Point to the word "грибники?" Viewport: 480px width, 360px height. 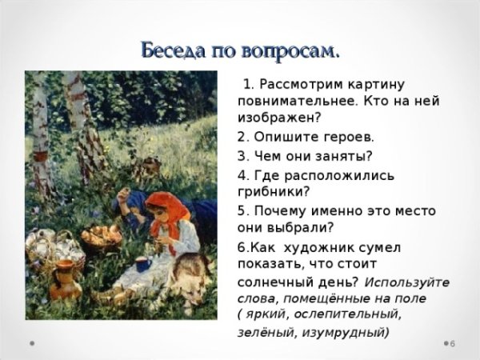[x=273, y=191]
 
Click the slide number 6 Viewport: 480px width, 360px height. [x=452, y=344]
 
